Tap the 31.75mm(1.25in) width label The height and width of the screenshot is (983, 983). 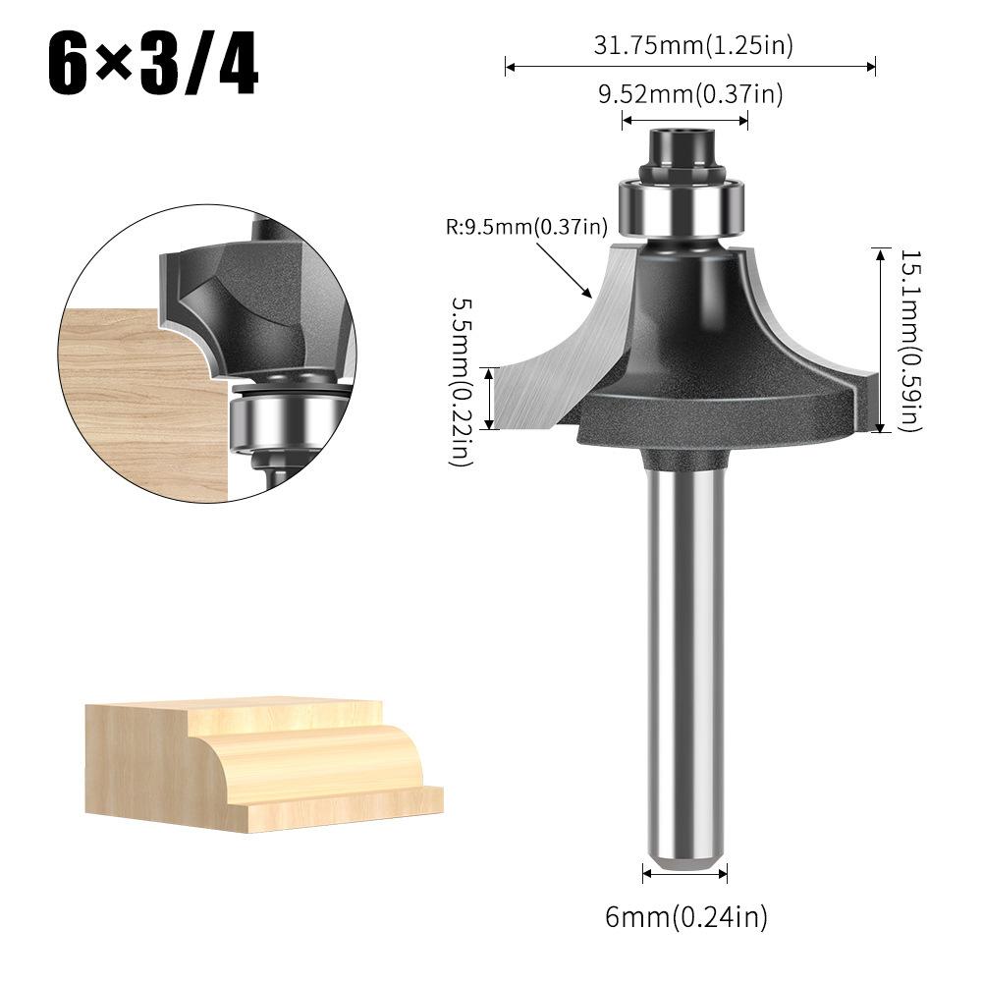pos(692,44)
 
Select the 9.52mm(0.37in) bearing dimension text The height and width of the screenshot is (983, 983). pos(690,94)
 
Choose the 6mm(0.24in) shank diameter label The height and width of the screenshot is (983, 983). pos(685,917)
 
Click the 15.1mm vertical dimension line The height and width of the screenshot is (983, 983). pos(880,340)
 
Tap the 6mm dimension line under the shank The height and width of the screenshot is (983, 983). pos(685,872)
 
